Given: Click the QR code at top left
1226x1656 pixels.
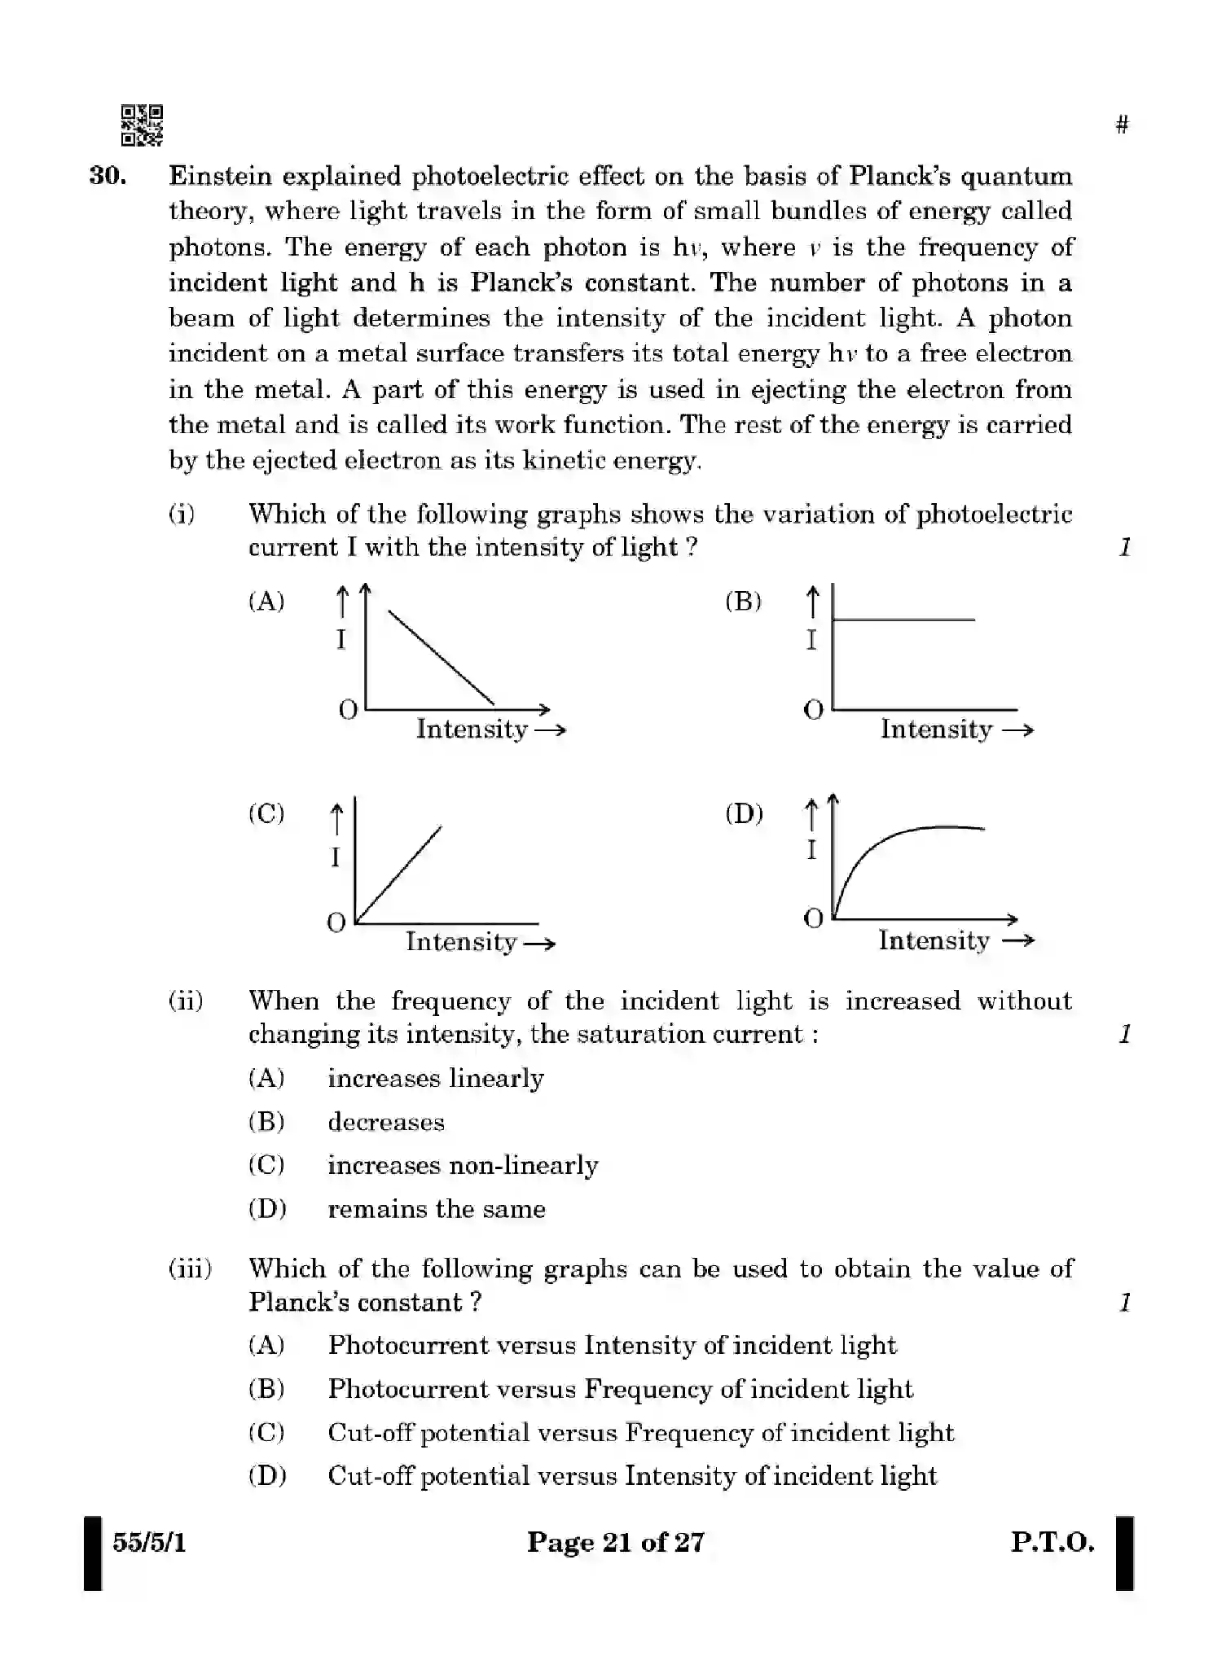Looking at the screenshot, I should coord(142,125).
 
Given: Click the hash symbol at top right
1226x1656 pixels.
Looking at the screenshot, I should coord(1122,125).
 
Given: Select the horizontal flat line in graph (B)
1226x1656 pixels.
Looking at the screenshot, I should coord(904,620).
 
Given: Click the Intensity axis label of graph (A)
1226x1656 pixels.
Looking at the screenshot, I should coord(472,729).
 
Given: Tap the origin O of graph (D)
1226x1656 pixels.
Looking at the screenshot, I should coord(813,919).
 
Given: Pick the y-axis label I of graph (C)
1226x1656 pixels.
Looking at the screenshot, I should coord(335,856).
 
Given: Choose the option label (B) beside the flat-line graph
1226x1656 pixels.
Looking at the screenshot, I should coord(743,602).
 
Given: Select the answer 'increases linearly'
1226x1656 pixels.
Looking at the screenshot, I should coord(435,1078).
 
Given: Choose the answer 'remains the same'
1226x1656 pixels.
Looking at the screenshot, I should coord(436,1209).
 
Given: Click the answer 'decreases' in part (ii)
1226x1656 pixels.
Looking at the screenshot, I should coord(386,1122).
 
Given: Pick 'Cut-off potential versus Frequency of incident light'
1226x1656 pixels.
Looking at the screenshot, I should coord(640,1432).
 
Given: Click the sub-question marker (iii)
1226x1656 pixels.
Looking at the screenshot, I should coord(190,1268).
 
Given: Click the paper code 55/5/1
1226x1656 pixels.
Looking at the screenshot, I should coord(149,1542).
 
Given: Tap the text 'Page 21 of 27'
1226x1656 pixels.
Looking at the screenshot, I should coord(615,1542).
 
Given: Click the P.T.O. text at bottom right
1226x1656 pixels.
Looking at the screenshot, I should coord(1052,1542).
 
